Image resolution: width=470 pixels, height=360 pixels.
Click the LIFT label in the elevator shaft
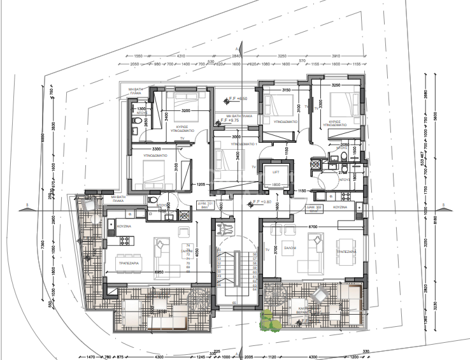tap(276, 172)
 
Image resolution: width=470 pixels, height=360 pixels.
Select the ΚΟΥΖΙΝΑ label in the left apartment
tap(123, 226)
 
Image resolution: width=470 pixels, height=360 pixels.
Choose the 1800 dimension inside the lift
tap(276, 185)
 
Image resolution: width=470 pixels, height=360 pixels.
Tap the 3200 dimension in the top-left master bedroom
tap(181, 111)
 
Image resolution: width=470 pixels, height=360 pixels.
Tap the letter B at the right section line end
tap(442, 205)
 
